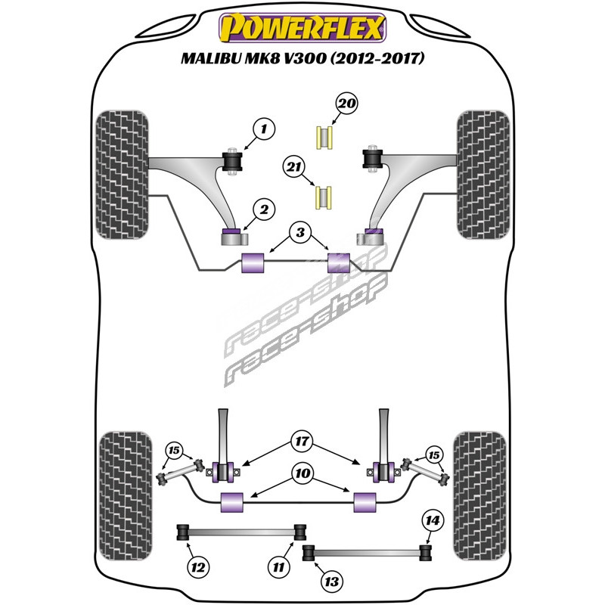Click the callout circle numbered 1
tap(264, 131)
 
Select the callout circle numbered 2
tap(264, 211)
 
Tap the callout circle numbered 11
tap(280, 565)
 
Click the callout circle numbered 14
tap(432, 520)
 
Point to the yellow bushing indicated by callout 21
tap(324, 197)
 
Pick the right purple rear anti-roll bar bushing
tap(365, 500)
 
